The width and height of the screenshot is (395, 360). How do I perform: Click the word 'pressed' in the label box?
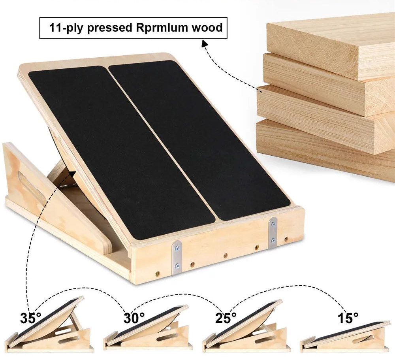tap(109, 28)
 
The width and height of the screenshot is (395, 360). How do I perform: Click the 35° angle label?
tap(31, 318)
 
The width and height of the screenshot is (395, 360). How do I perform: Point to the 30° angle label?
tap(134, 318)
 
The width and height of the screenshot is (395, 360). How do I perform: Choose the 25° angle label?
tap(226, 318)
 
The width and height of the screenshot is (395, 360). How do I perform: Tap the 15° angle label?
tap(348, 318)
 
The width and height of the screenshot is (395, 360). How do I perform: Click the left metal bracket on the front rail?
tap(177, 257)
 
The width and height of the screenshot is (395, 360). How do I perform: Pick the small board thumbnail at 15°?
tap(345, 338)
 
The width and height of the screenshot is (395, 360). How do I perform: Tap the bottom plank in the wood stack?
tap(325, 149)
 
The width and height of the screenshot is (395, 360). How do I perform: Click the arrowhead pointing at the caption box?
tap(205, 44)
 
